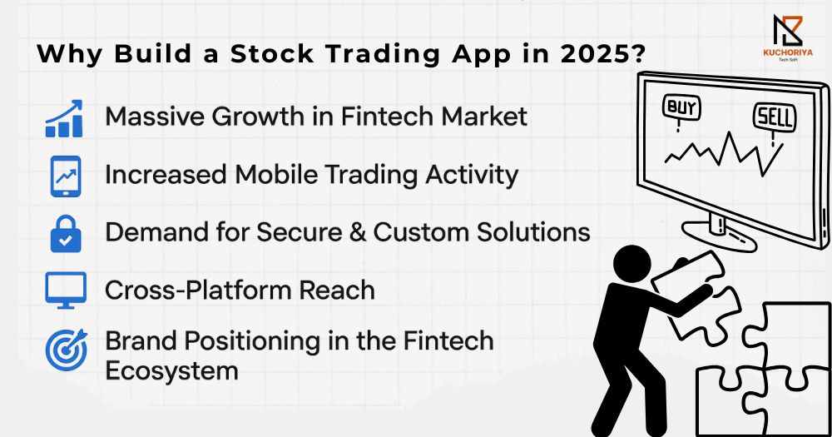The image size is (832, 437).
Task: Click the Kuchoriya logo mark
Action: [x=787, y=30]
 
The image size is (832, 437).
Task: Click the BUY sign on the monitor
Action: [x=682, y=108]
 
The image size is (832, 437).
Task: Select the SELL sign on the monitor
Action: [x=775, y=117]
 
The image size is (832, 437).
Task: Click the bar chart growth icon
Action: [x=64, y=118]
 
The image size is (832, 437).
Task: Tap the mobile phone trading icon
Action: [x=65, y=176]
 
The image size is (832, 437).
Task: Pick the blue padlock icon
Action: [x=66, y=234]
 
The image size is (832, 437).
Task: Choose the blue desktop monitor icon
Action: [x=66, y=290]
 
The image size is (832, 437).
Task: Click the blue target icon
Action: [x=67, y=350]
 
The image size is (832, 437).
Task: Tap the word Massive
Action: [x=155, y=117]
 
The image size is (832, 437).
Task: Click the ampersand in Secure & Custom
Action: [x=358, y=232]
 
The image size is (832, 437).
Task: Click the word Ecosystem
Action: [x=171, y=371]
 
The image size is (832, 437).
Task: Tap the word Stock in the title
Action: [x=272, y=54]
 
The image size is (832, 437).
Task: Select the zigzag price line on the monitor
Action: [x=725, y=153]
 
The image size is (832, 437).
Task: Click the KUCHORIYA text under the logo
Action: [x=787, y=52]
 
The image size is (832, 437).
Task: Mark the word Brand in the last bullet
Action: [x=141, y=340]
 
